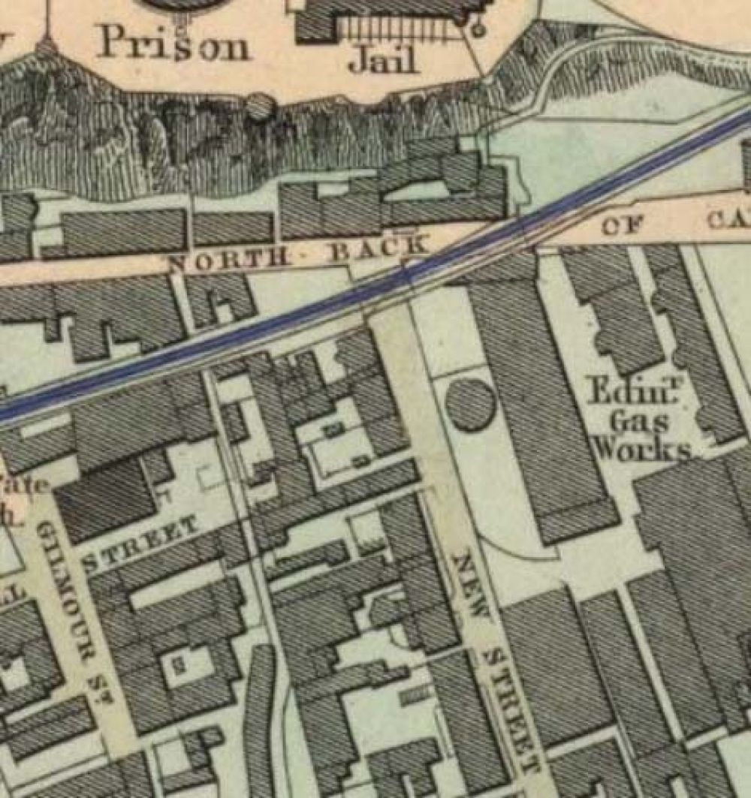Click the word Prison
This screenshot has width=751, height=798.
pyautogui.click(x=173, y=45)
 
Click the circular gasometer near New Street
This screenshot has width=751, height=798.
pyautogui.click(x=470, y=405)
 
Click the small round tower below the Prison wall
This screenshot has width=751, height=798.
pyautogui.click(x=259, y=107)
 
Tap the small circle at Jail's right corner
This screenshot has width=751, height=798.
pyautogui.click(x=476, y=29)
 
